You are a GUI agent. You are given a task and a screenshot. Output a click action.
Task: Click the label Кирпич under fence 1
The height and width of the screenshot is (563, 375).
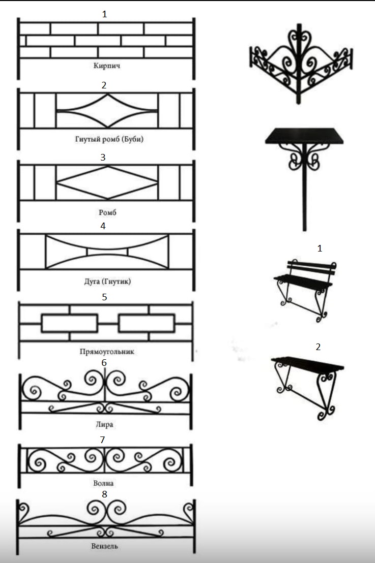click(107, 66)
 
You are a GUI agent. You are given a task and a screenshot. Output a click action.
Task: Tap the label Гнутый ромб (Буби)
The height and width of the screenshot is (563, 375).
click(109, 139)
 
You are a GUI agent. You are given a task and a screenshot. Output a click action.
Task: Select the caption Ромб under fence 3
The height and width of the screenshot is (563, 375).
click(107, 212)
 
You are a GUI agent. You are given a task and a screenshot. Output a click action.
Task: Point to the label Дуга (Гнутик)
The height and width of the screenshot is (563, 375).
click(107, 281)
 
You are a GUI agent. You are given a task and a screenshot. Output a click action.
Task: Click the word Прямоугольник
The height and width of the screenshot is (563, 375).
click(107, 352)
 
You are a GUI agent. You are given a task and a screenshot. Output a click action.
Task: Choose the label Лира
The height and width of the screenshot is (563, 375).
click(105, 424)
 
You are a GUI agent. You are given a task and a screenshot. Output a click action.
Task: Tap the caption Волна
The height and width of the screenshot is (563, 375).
click(104, 483)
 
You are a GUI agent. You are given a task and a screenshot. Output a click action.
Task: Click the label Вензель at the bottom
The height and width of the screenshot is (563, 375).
click(105, 546)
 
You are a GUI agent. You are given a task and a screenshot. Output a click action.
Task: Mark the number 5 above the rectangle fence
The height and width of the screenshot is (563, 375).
click(104, 297)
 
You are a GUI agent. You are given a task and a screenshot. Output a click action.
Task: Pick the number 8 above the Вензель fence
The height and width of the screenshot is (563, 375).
click(104, 494)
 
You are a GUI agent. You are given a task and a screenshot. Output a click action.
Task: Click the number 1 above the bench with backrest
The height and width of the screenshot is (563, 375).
click(320, 248)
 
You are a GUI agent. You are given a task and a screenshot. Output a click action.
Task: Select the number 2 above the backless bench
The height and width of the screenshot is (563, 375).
click(318, 347)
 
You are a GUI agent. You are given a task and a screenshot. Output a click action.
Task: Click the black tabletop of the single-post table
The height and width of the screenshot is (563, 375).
click(305, 136)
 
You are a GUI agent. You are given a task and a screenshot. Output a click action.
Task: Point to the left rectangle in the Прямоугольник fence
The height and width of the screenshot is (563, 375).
click(69, 323)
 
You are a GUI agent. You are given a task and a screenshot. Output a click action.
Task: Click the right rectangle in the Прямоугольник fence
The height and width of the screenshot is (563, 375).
click(147, 323)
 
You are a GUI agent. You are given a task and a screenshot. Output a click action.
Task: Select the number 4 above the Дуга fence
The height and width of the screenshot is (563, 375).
click(103, 226)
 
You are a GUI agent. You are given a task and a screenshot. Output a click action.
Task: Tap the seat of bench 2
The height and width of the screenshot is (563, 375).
click(307, 364)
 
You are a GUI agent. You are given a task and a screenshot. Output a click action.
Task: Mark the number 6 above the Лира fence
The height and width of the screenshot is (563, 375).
click(104, 363)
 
